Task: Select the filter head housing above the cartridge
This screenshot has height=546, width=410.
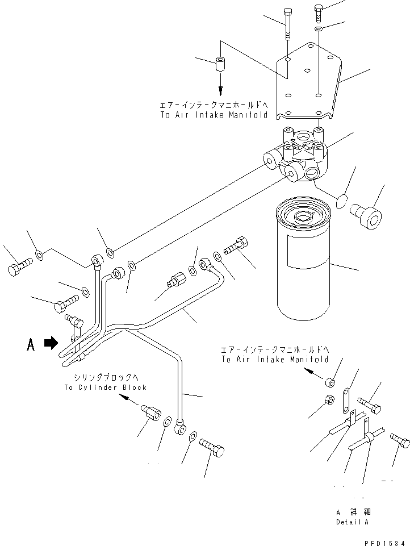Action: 301,156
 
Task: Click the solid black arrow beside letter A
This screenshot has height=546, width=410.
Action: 52,343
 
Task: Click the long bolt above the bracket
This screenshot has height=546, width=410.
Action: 288,25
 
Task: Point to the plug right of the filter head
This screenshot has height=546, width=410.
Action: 366,216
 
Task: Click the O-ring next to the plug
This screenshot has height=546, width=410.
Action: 341,201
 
